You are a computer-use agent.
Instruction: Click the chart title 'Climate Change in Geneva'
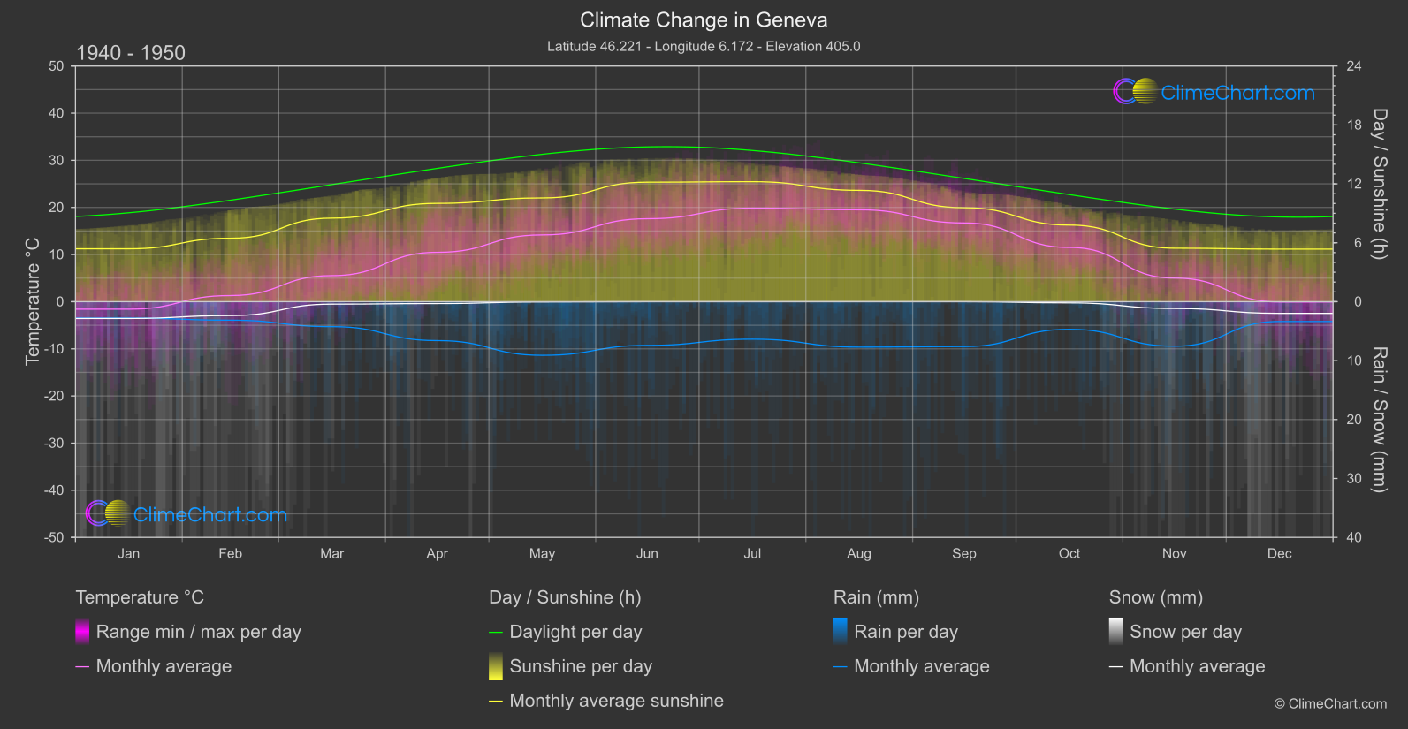pyautogui.click(x=704, y=20)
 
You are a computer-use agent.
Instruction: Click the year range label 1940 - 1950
pyautogui.click(x=131, y=53)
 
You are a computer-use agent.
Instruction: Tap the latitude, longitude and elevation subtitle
pyautogui.click(x=704, y=46)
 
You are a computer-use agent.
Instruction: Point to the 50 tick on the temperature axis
pyautogui.click(x=57, y=66)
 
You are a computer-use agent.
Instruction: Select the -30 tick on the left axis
pyautogui.click(x=54, y=444)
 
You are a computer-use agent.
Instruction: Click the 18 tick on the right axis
pyautogui.click(x=1354, y=125)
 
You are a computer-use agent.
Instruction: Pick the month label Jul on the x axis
pyautogui.click(x=752, y=554)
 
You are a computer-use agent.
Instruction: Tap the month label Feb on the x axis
pyautogui.click(x=230, y=554)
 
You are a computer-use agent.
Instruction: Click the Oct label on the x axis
pyautogui.click(x=1069, y=554)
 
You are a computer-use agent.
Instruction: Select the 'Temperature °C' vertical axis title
pyautogui.click(x=33, y=301)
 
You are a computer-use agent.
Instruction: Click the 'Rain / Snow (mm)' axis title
pyautogui.click(x=1380, y=419)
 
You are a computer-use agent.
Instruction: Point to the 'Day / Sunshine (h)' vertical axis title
pyautogui.click(x=1380, y=184)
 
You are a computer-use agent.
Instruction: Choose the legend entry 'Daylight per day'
pyautogui.click(x=575, y=632)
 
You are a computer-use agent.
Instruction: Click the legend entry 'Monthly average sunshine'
pyautogui.click(x=616, y=701)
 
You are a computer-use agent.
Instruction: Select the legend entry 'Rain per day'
pyautogui.click(x=905, y=632)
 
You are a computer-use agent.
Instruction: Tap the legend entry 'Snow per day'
pyautogui.click(x=1185, y=632)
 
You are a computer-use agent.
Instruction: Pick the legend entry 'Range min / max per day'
pyautogui.click(x=198, y=632)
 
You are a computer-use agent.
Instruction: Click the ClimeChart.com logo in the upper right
pyautogui.click(x=1214, y=92)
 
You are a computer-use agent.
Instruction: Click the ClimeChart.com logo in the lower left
pyautogui.click(x=186, y=514)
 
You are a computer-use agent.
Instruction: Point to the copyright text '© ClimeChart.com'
pyautogui.click(x=1330, y=704)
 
